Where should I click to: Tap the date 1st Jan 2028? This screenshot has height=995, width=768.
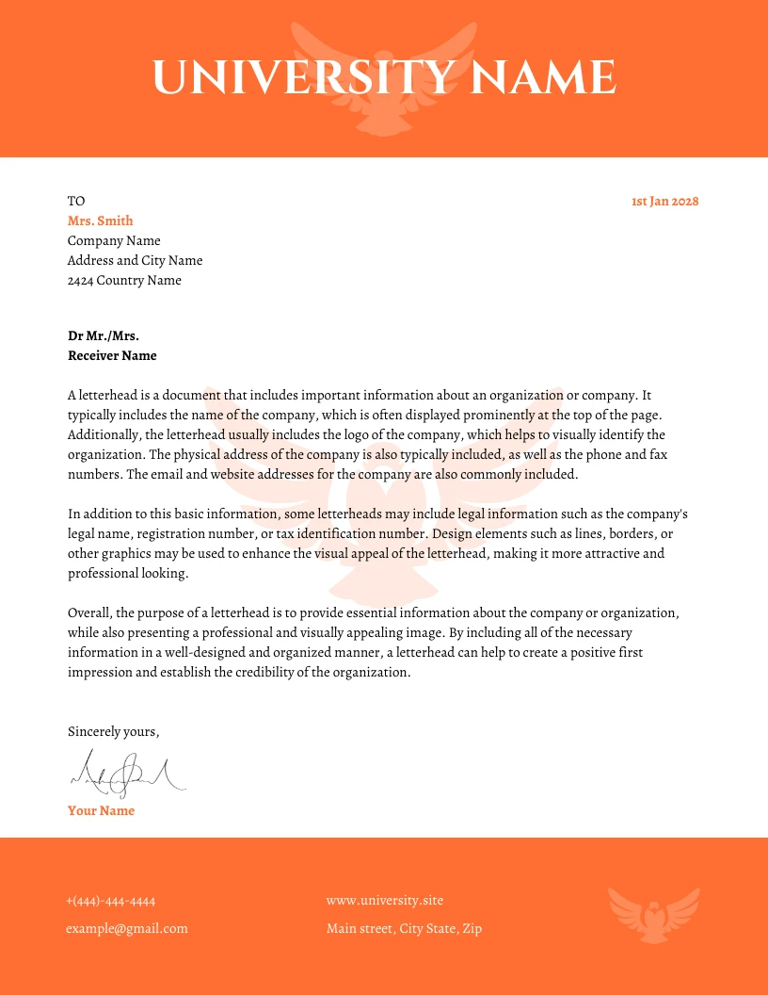[664, 201]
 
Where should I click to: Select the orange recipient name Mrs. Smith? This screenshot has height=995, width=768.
[100, 220]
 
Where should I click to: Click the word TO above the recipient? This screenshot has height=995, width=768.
[76, 201]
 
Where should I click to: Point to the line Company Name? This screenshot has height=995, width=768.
[114, 240]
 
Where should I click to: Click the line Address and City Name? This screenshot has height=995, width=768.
[135, 260]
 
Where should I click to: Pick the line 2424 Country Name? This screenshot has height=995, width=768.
[124, 280]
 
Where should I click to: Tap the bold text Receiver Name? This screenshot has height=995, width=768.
[112, 355]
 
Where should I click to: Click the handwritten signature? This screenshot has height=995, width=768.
[127, 774]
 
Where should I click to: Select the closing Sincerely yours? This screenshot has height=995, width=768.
[114, 731]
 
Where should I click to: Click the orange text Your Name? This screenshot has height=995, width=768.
[101, 810]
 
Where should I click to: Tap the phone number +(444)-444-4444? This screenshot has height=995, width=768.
[111, 900]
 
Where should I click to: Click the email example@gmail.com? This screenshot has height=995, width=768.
[127, 928]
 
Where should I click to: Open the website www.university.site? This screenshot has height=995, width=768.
[384, 900]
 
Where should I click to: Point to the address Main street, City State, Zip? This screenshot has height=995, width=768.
[404, 928]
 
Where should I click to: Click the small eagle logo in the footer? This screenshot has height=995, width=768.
[653, 914]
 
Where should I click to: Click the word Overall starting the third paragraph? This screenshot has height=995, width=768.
[89, 612]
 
